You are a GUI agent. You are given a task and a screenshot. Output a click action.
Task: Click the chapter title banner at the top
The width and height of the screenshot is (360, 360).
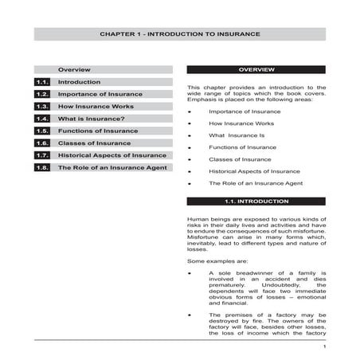click(x=179, y=34)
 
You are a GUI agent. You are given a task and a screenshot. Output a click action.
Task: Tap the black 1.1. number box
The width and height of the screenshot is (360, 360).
click(x=43, y=82)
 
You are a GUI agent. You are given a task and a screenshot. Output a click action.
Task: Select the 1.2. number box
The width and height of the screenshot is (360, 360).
click(x=43, y=94)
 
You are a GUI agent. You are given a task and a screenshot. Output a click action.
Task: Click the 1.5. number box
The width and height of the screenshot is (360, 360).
click(x=43, y=131)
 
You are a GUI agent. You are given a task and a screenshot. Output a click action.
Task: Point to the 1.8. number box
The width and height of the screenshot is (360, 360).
click(x=43, y=167)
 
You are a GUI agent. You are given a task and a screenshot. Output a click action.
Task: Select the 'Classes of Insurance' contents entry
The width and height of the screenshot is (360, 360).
click(x=89, y=143)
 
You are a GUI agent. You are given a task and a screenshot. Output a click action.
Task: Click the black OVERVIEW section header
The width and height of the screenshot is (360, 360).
click(x=256, y=70)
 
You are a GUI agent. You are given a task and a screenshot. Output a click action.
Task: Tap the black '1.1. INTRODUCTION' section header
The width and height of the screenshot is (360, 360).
click(x=256, y=202)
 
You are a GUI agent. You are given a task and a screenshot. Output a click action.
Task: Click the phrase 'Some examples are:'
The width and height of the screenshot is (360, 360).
click(x=211, y=260)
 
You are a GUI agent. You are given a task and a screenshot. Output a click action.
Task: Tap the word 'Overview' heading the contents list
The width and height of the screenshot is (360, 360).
click(x=74, y=70)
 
